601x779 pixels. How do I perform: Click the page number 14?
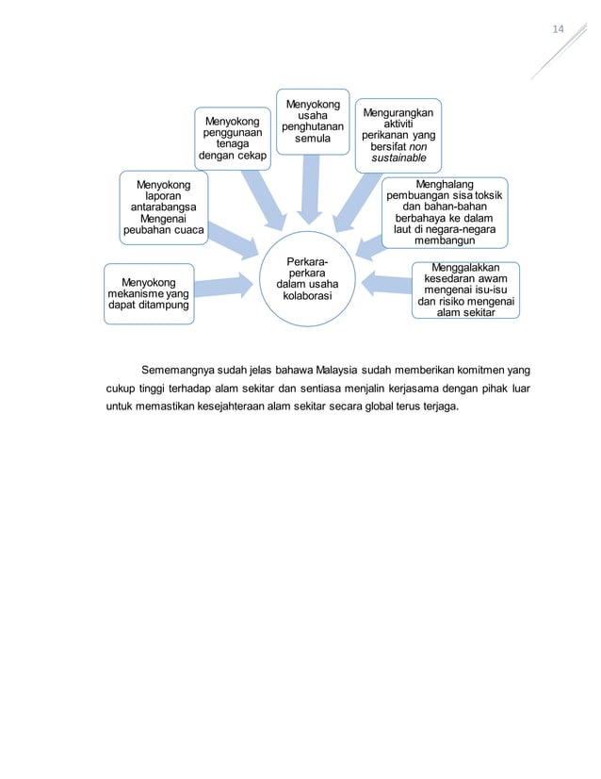pos(558,29)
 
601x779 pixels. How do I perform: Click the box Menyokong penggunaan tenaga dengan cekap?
pos(232,138)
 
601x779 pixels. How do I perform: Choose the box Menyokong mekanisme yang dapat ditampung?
pos(149,293)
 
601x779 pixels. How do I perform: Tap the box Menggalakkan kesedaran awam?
pos(465,290)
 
